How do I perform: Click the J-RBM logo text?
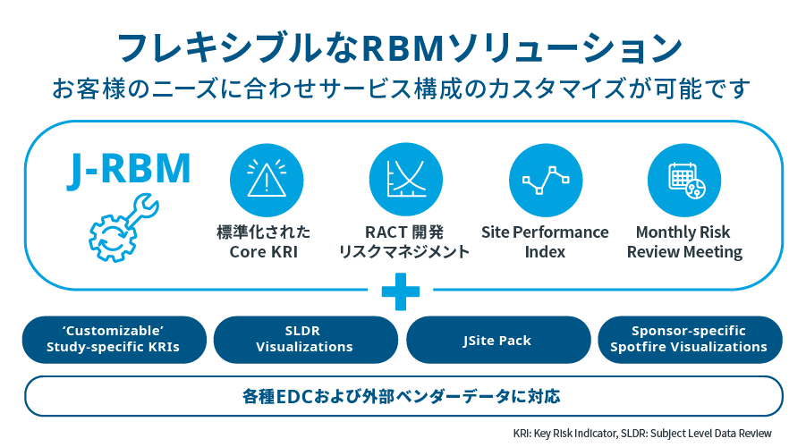pyautogui.click(x=129, y=171)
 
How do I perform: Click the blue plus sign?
pyautogui.click(x=400, y=291)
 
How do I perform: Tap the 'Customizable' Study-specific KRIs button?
pyautogui.click(x=113, y=339)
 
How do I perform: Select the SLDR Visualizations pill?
pyautogui.click(x=304, y=339)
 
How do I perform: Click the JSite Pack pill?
pyautogui.click(x=497, y=340)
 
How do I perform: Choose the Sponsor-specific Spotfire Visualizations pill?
pyautogui.click(x=689, y=339)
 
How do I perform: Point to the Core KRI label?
pyautogui.click(x=264, y=252)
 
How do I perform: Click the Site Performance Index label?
pyautogui.click(x=545, y=242)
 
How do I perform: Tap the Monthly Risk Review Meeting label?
pyautogui.click(x=684, y=242)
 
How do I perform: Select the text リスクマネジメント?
pyautogui.click(x=404, y=252)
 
